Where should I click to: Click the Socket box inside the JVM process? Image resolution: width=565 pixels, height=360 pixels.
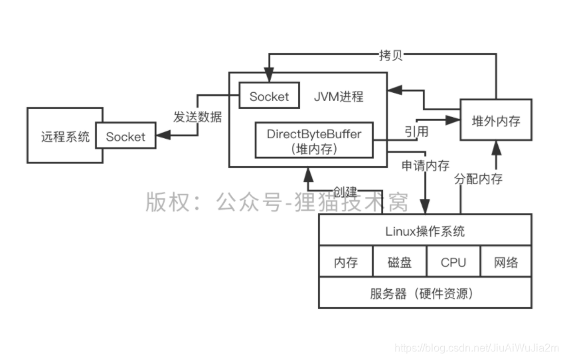[269, 96]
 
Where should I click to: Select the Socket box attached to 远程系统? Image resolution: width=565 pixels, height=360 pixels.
[125, 137]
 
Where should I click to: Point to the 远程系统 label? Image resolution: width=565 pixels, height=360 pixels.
[64, 137]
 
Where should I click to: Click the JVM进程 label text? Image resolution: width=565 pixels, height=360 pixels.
[339, 96]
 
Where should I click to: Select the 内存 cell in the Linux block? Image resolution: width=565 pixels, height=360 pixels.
[346, 262]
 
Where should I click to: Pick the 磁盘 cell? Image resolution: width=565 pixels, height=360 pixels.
[400, 262]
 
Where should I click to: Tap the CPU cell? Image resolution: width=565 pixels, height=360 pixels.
[453, 262]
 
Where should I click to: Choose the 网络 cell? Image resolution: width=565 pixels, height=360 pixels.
[506, 262]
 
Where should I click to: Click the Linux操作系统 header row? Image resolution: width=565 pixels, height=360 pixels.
[426, 231]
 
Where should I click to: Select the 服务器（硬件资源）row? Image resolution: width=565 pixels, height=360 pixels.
[426, 293]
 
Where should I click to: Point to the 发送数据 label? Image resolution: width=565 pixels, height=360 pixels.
[198, 118]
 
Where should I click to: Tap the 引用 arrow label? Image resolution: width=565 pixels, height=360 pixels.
[416, 131]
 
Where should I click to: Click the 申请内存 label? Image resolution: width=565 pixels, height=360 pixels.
[426, 164]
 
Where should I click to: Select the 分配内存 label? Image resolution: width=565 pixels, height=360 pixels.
[478, 179]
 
